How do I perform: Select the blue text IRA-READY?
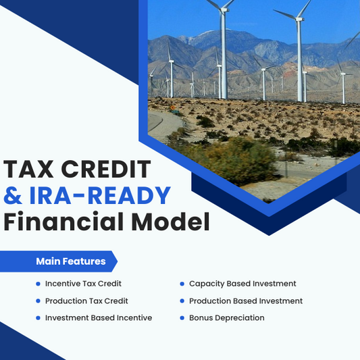(99, 195)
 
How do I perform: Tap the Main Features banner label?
(70, 261)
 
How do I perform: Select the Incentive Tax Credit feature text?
(83, 284)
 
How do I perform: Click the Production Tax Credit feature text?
(86, 301)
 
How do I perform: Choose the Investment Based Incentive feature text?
(99, 317)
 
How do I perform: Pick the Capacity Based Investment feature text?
(242, 284)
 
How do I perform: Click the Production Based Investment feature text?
(246, 301)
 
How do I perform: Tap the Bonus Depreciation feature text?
(227, 317)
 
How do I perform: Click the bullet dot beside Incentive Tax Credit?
(38, 284)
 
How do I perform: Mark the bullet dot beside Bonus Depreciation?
(182, 317)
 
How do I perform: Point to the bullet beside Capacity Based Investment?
(182, 284)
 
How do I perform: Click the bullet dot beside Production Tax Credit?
(38, 301)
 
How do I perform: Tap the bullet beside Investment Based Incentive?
(38, 317)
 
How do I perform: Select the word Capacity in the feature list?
(207, 284)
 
